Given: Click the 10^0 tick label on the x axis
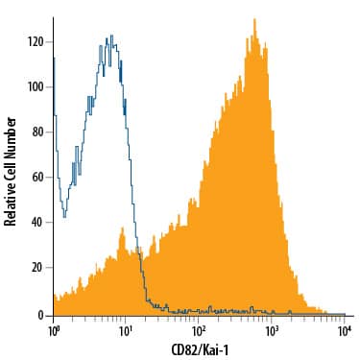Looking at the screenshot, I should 55,330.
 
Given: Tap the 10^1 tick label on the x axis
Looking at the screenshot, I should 126,330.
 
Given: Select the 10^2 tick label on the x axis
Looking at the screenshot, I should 198,330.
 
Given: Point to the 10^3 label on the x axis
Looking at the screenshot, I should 272,330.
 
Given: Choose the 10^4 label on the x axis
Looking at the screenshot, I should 345,330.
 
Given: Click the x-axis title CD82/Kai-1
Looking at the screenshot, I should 200,348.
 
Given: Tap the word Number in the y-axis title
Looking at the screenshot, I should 11,137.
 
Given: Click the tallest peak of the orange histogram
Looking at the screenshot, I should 253,19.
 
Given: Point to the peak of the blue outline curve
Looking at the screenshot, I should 111,36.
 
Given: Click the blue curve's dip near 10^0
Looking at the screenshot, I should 63,213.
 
